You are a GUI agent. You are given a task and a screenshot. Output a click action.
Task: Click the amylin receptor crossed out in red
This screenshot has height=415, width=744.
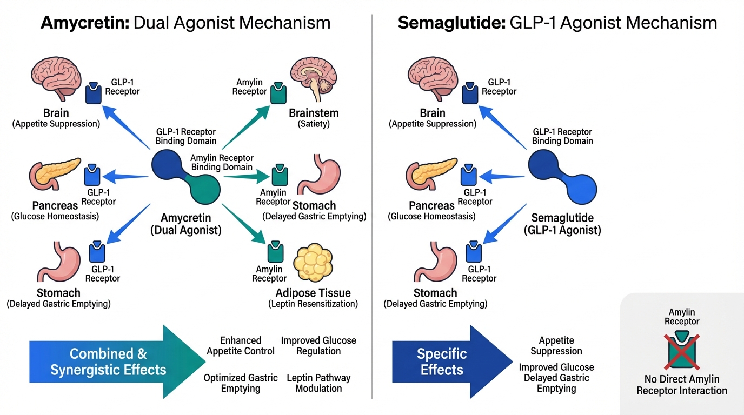(682, 350)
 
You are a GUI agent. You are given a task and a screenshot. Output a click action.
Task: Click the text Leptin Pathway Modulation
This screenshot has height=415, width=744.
(318, 383)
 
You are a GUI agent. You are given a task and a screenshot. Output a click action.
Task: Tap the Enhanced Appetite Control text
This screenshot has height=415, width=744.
(241, 346)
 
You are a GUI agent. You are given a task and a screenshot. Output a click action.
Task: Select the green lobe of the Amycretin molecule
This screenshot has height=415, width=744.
(205, 190)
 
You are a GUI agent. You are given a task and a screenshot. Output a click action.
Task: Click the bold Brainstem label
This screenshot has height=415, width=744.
(314, 113)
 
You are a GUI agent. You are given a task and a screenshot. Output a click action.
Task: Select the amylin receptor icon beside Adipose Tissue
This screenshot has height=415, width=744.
(275, 252)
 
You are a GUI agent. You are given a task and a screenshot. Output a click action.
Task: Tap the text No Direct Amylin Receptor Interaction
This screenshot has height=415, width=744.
(681, 385)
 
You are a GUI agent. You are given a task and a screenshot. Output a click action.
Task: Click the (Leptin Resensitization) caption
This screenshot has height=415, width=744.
(313, 304)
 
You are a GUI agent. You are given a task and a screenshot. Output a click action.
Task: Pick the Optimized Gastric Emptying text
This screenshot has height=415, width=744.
(241, 383)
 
